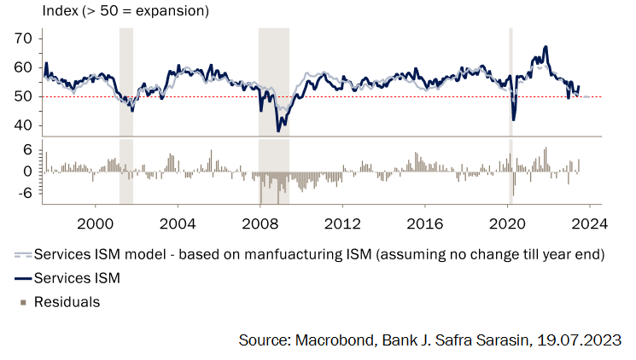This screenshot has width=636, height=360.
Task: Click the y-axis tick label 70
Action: [x=23, y=38]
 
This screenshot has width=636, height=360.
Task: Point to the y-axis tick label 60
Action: [x=23, y=67]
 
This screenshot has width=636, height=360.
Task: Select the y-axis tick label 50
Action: [x=23, y=96]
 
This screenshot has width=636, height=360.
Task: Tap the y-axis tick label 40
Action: [x=23, y=125]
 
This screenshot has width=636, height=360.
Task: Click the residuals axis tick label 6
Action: [x=27, y=149]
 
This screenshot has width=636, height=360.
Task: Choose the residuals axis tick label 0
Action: [x=27, y=171]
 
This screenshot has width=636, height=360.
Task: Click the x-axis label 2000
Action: [x=94, y=224]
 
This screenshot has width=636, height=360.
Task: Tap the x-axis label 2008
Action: [x=260, y=224]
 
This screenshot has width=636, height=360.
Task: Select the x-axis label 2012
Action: [x=342, y=224]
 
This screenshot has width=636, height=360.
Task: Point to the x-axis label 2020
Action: [x=508, y=224]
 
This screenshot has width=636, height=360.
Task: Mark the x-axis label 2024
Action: [x=590, y=224]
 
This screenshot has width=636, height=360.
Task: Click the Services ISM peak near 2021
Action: [x=546, y=47]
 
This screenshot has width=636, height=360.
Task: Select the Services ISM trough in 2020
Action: [x=514, y=119]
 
